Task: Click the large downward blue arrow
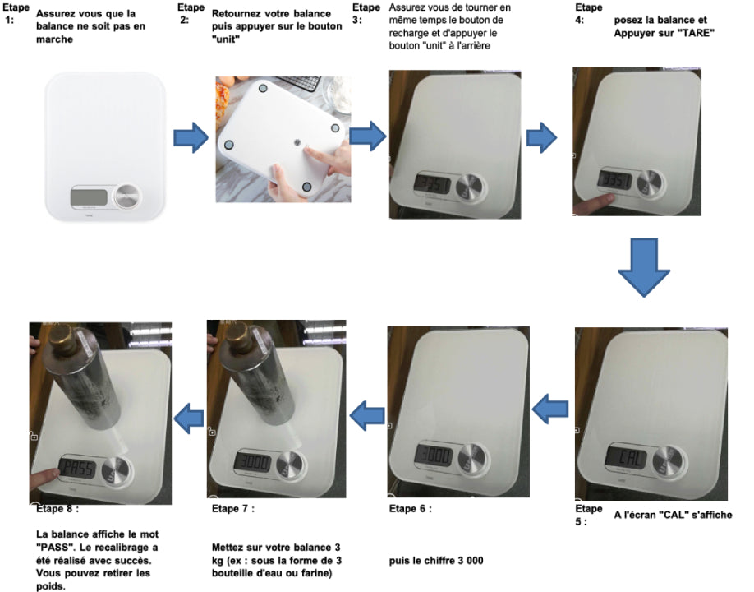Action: (x=644, y=266)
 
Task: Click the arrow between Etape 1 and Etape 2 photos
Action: (x=191, y=137)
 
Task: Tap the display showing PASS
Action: (x=77, y=467)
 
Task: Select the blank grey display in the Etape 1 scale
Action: (x=90, y=197)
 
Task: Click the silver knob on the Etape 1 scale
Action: (x=128, y=197)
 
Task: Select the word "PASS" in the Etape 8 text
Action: (x=54, y=548)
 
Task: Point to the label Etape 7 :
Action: (x=232, y=509)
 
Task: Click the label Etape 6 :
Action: (x=410, y=509)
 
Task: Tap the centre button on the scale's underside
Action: (x=297, y=142)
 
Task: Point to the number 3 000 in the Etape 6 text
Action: (x=467, y=560)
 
